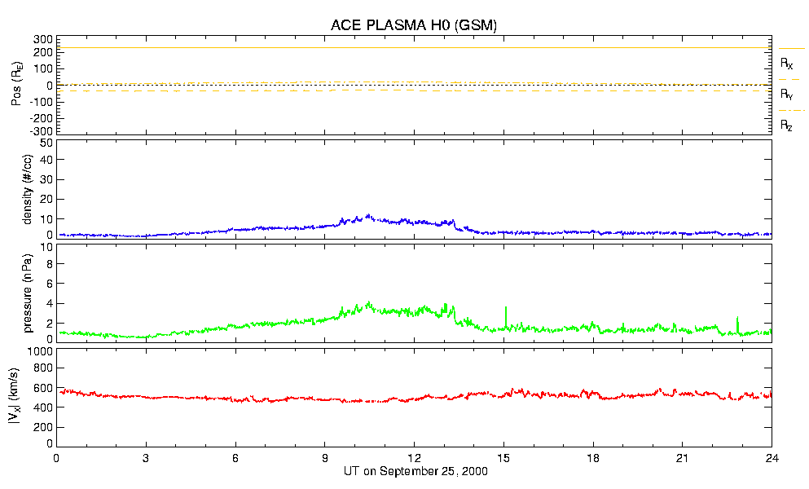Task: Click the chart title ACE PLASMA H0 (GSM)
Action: [414, 25]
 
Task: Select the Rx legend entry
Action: [787, 63]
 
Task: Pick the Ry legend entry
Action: [787, 95]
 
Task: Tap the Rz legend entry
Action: [787, 126]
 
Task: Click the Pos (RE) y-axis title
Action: [16, 85]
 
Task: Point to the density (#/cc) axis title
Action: [28, 189]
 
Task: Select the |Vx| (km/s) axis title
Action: [16, 396]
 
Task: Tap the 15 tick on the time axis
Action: [504, 458]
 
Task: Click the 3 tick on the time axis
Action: [146, 458]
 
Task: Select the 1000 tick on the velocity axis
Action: [39, 352]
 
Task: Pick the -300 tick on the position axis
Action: [42, 130]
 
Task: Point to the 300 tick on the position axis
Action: [43, 39]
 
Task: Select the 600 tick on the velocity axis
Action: [42, 390]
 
